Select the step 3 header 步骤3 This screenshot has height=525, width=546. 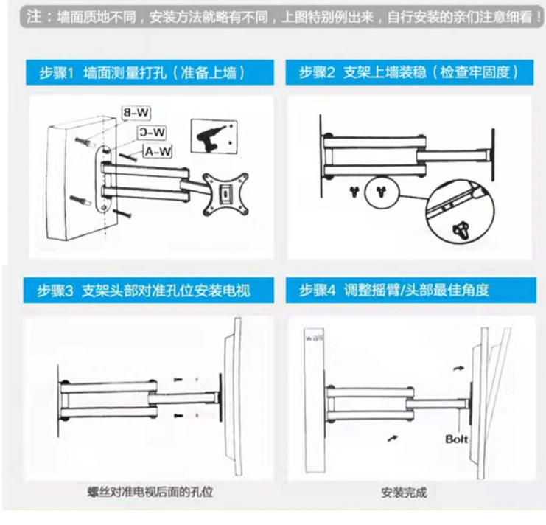pos(56,290)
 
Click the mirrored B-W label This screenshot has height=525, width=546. pos(137,113)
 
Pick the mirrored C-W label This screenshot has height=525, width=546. pos(152,132)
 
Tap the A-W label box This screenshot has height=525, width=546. pos(158,152)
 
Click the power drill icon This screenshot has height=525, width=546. pos(214,137)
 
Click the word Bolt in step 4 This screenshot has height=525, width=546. pos(457,439)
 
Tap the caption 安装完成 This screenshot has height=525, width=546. pos(404,493)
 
